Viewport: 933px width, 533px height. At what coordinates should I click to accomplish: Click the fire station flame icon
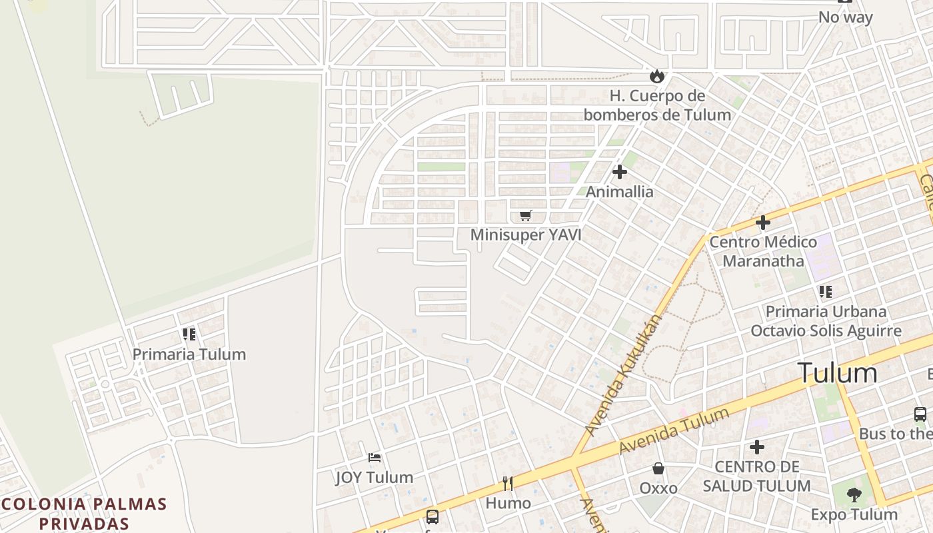[657, 76]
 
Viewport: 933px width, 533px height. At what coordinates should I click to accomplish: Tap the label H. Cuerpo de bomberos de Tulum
[657, 105]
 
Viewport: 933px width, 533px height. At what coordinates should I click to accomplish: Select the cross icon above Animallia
[620, 172]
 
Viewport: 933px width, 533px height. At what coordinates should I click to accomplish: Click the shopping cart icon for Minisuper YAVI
[526, 215]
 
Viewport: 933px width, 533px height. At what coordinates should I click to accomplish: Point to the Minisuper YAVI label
[526, 235]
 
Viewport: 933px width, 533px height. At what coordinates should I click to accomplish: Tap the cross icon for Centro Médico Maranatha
[763, 223]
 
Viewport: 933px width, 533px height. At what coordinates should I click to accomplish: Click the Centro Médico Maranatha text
[763, 251]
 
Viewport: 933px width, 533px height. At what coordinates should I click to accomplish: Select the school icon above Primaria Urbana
[826, 291]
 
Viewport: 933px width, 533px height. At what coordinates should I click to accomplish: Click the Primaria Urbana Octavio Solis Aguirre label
[826, 321]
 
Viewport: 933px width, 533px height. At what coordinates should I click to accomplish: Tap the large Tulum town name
[837, 373]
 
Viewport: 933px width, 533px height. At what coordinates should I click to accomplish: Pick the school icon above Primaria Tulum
[189, 334]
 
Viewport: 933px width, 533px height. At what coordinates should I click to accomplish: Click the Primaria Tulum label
[189, 354]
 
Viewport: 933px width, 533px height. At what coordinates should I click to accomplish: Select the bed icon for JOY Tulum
[375, 458]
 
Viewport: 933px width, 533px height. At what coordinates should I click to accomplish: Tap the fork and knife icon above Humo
[508, 484]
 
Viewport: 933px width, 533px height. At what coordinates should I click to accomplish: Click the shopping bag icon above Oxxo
[658, 468]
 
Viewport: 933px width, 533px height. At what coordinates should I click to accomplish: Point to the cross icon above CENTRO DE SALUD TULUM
[757, 447]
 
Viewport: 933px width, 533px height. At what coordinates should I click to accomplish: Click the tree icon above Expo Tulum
[854, 494]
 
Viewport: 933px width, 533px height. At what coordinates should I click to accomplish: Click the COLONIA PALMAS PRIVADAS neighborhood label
[83, 513]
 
